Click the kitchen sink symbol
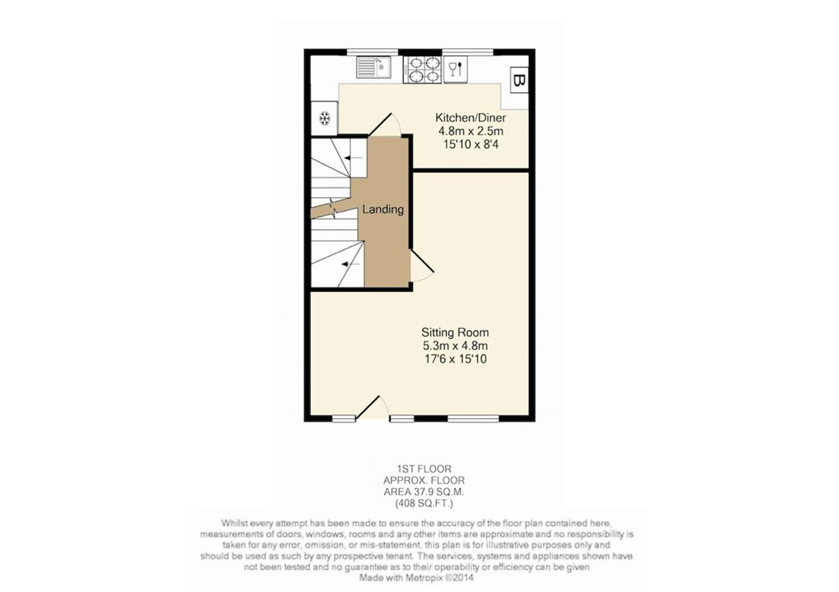pos(374,67)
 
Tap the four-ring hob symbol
pos(422,69)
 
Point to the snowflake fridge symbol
pos(324,119)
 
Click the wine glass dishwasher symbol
pos(455,69)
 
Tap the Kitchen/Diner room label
pos(471,118)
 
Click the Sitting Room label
pos(455,333)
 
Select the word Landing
pos(383,209)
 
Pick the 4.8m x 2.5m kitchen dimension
pos(471,131)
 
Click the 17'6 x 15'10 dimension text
pos(455,359)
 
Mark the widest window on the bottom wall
pos(473,418)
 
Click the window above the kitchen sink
pos(373,52)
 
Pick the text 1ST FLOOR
pos(424,469)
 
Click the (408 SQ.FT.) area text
pos(424,504)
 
